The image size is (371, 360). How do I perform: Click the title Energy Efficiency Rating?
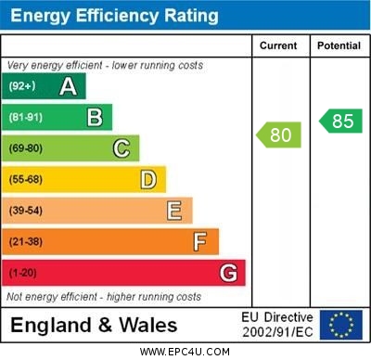[114, 16]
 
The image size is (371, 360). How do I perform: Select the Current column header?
[278, 45]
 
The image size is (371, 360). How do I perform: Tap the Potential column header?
[339, 45]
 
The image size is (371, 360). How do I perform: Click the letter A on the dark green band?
[68, 86]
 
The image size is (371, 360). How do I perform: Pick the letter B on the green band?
[95, 117]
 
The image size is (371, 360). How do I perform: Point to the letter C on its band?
[122, 148]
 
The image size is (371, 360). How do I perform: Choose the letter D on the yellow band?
[148, 179]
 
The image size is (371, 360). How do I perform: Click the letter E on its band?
[174, 211]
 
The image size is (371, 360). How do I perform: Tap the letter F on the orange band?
[200, 242]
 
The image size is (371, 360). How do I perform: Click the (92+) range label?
[22, 86]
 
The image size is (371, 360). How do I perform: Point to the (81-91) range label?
[26, 117]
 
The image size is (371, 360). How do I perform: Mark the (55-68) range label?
[26, 179]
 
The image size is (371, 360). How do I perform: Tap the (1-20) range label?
[23, 273]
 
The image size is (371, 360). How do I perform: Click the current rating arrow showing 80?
[279, 135]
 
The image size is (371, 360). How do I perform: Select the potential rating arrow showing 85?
[339, 121]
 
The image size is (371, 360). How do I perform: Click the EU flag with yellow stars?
[340, 325]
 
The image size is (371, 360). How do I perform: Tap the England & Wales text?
[93, 325]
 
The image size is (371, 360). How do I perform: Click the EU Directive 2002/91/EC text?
[277, 325]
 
